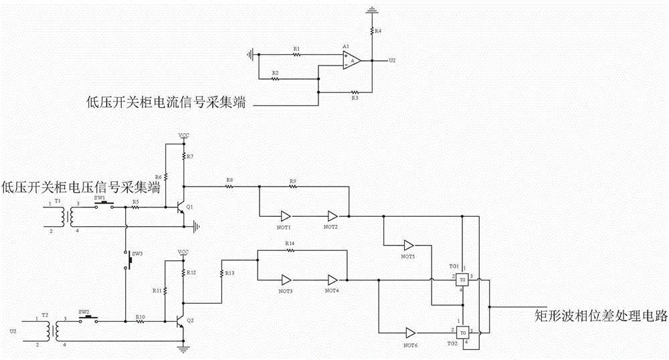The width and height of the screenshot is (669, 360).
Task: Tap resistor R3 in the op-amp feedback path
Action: (354, 92)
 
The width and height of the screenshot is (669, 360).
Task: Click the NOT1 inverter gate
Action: (286, 216)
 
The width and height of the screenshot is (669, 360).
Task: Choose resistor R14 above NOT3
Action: (290, 250)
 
